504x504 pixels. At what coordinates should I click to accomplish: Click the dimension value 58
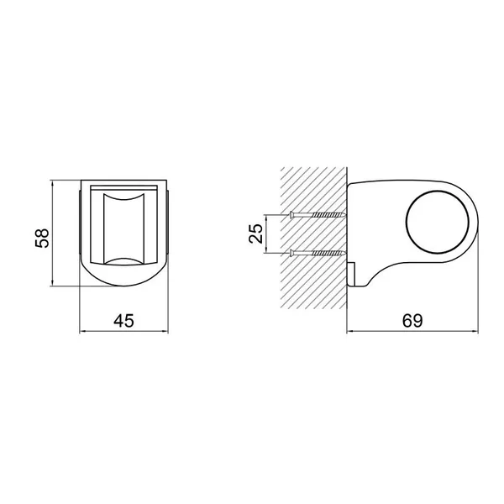click(42, 238)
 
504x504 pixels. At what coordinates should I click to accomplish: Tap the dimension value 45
click(123, 321)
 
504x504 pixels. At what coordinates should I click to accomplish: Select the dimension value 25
click(256, 234)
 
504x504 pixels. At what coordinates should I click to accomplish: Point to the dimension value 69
click(412, 321)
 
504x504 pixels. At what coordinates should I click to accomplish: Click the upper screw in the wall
click(318, 214)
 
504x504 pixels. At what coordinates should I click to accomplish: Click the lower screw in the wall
click(318, 254)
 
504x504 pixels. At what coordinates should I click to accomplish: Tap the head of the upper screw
click(291, 214)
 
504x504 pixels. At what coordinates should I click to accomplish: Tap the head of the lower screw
click(291, 254)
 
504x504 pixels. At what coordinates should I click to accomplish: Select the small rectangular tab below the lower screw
click(351, 274)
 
